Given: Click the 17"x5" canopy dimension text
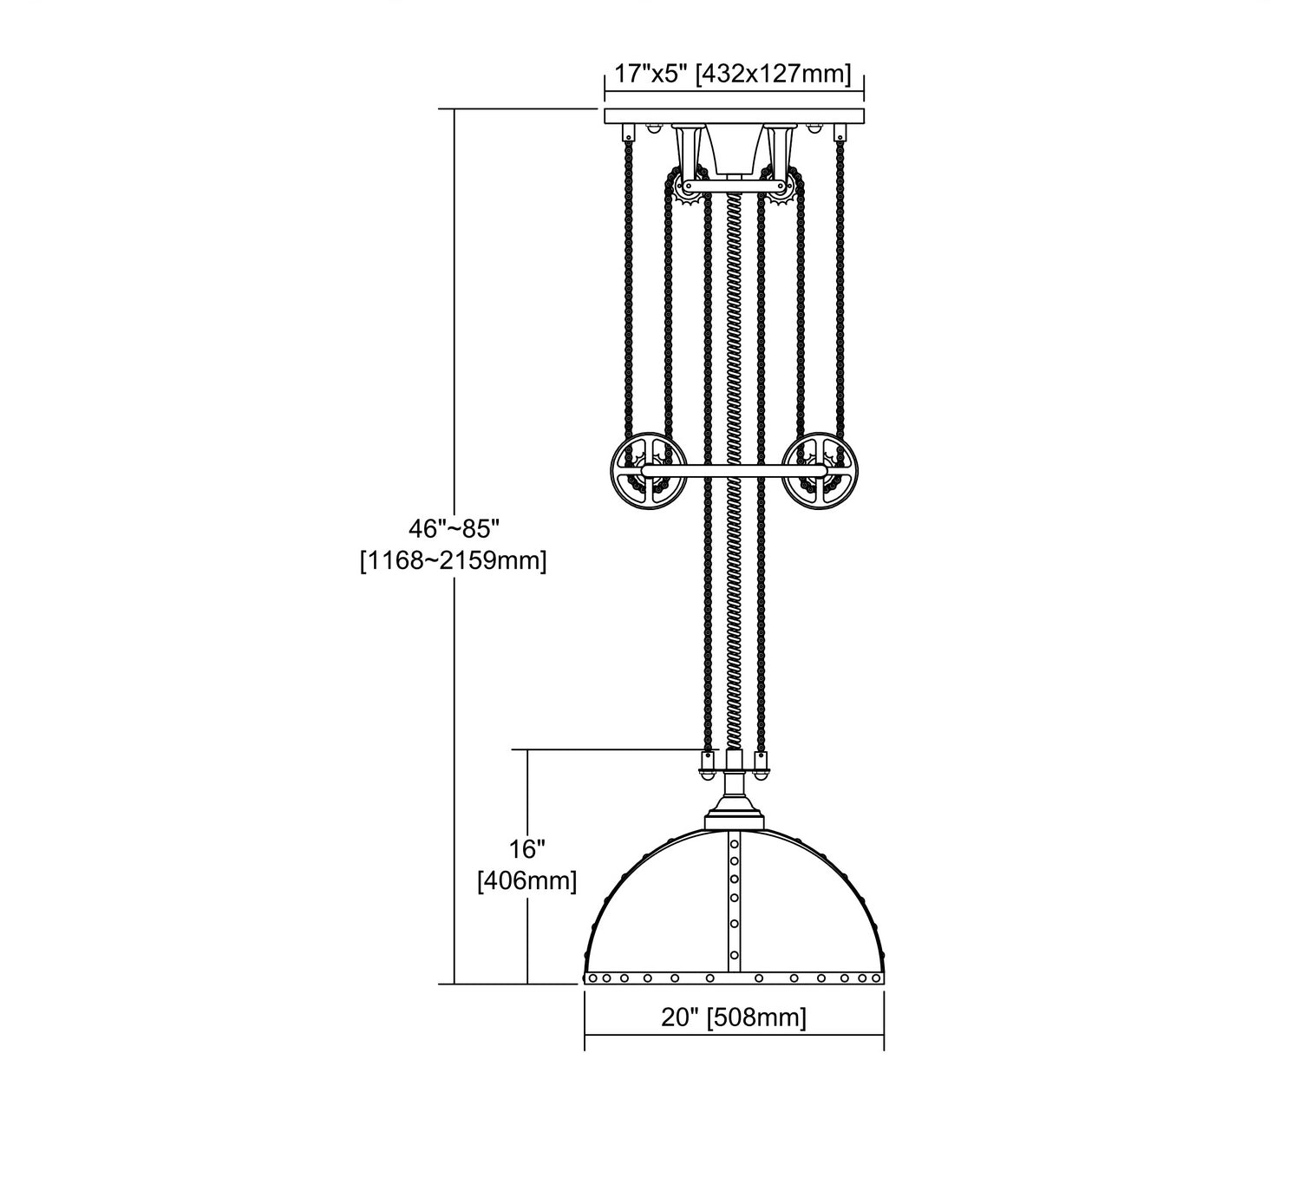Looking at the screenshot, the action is tap(650, 74).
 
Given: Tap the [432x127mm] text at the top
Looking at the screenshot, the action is tap(773, 74).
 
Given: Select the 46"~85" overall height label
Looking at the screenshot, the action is tap(454, 529).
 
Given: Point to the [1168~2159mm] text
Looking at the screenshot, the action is tap(454, 560).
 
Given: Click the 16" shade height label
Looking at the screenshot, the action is tap(526, 849).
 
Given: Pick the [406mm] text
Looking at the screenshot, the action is tap(527, 881).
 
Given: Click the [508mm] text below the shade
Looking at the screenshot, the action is tap(757, 1017).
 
